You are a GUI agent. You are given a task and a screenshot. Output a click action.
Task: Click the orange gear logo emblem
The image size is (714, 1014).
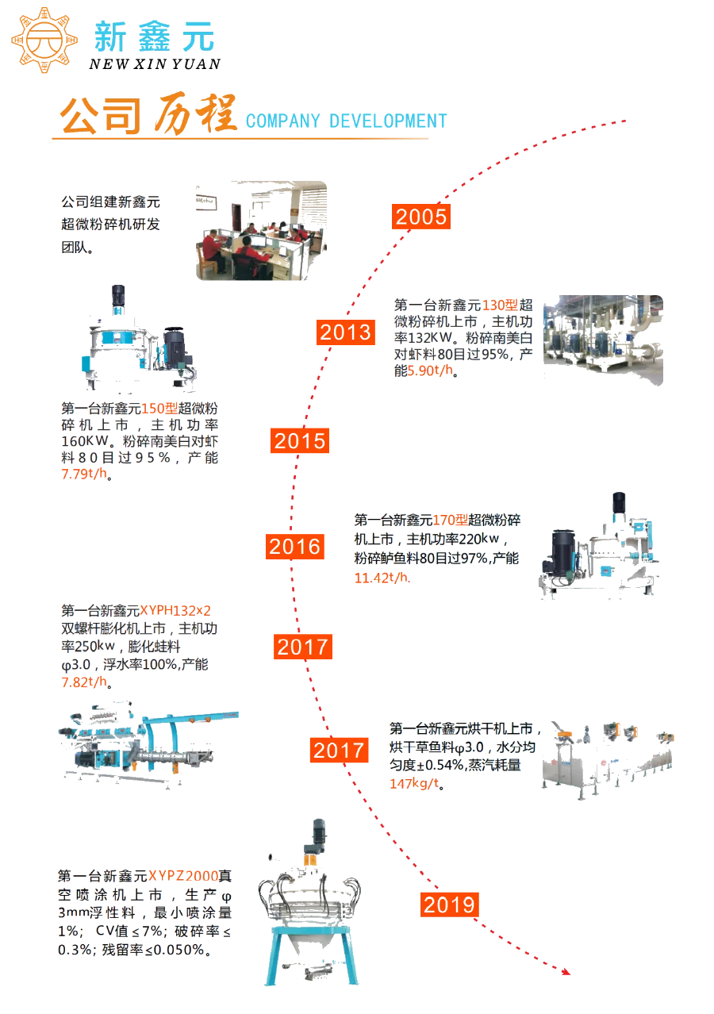[x=44, y=40]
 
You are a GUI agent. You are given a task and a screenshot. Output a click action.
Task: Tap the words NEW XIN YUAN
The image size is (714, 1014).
[x=155, y=64]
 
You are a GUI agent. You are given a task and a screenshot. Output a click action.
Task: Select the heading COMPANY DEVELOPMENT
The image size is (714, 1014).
[x=347, y=121]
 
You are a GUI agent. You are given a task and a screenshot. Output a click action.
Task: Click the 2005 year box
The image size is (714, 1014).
[x=420, y=217]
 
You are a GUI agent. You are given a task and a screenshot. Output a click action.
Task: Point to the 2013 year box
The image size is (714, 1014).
[x=345, y=332]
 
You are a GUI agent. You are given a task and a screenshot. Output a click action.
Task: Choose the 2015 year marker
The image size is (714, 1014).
[x=300, y=440]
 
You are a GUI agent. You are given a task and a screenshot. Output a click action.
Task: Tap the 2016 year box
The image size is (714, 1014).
[x=295, y=547]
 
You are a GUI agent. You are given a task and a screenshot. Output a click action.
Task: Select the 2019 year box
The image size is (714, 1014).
[x=449, y=905]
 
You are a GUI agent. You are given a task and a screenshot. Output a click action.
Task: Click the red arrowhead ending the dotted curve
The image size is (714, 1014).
[x=566, y=971]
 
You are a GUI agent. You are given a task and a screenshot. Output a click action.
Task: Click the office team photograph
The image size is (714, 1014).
[x=261, y=230]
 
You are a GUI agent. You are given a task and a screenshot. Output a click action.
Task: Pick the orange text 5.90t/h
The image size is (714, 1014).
[x=430, y=371]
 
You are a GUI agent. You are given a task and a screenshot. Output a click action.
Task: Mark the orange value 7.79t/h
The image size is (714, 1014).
[x=84, y=474]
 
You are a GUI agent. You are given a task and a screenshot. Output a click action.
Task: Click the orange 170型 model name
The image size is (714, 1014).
[x=450, y=520]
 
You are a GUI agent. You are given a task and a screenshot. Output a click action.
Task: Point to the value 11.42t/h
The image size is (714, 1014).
[x=382, y=578]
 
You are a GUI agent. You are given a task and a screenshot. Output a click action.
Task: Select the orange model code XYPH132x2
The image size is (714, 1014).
[x=175, y=610]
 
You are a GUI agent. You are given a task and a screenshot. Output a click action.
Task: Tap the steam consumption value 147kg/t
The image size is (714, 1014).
[x=414, y=783]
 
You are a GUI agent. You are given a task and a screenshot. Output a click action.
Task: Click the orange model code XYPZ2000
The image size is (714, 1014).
[x=183, y=875]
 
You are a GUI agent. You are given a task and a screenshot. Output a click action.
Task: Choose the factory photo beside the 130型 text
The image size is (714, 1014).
[x=603, y=340]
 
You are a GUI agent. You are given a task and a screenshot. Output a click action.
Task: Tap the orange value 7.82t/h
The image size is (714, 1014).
[x=84, y=682]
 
